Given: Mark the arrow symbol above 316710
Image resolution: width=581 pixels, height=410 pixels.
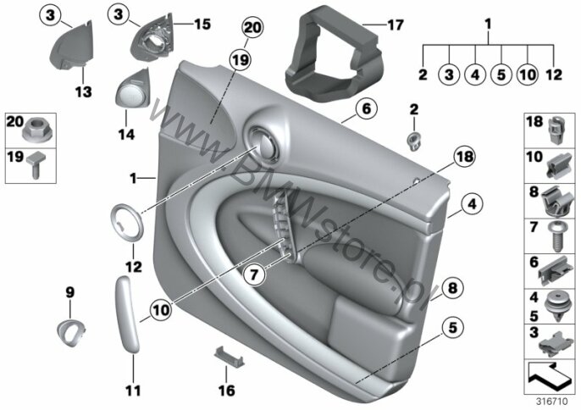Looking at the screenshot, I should [550, 373].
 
